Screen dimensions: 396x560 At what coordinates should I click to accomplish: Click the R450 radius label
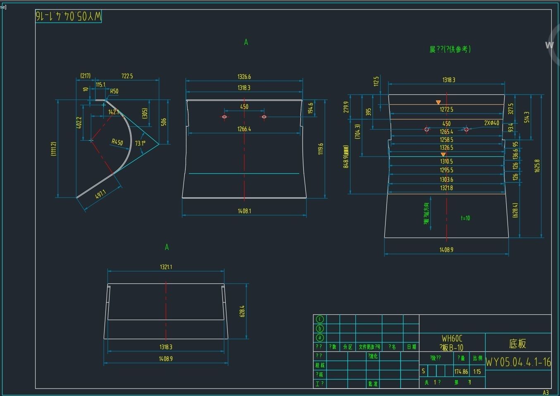pyautogui.click(x=117, y=142)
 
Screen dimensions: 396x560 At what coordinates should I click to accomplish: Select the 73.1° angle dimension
pyautogui.click(x=140, y=144)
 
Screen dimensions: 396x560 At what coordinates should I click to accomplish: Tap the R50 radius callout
pyautogui.click(x=114, y=92)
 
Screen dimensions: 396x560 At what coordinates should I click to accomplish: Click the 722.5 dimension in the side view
pyautogui.click(x=127, y=76)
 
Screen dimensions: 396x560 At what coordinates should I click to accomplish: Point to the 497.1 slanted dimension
pyautogui.click(x=100, y=194)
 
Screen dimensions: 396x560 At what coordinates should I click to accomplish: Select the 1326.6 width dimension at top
pyautogui.click(x=244, y=77)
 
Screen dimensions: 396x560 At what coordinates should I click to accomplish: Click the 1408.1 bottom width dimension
pyautogui.click(x=244, y=211)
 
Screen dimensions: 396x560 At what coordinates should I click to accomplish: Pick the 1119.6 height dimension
pyautogui.click(x=321, y=149)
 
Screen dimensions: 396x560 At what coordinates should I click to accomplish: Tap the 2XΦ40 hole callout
pyautogui.click(x=491, y=123)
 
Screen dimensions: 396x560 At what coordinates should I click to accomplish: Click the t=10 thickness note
pyautogui.click(x=465, y=218)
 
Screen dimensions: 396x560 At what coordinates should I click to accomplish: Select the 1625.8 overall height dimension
pyautogui.click(x=537, y=166)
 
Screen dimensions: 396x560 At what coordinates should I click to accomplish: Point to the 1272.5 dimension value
pyautogui.click(x=446, y=110)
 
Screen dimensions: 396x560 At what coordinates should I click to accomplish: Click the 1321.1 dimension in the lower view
pyautogui.click(x=166, y=267)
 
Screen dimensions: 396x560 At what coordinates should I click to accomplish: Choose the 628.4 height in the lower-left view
pyautogui.click(x=242, y=311)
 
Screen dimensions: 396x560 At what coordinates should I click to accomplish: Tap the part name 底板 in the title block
pyautogui.click(x=517, y=344)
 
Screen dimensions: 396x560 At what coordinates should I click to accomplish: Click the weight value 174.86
pyautogui.click(x=461, y=372)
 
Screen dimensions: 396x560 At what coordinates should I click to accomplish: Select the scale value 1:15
pyautogui.click(x=477, y=372)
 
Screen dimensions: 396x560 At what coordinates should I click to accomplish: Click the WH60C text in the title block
pyautogui.click(x=452, y=339)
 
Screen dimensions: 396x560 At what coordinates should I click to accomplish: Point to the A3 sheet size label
pyautogui.click(x=546, y=392)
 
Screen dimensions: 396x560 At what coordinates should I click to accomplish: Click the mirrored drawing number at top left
pyautogui.click(x=68, y=16)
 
